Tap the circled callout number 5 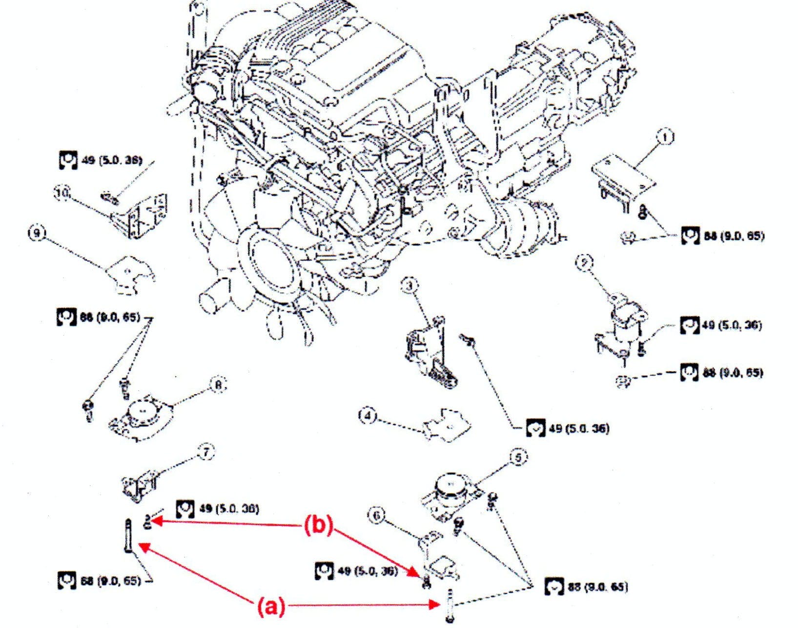518,457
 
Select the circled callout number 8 218,385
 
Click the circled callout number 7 206,452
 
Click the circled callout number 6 378,516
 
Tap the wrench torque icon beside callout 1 690,236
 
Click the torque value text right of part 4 579,428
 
